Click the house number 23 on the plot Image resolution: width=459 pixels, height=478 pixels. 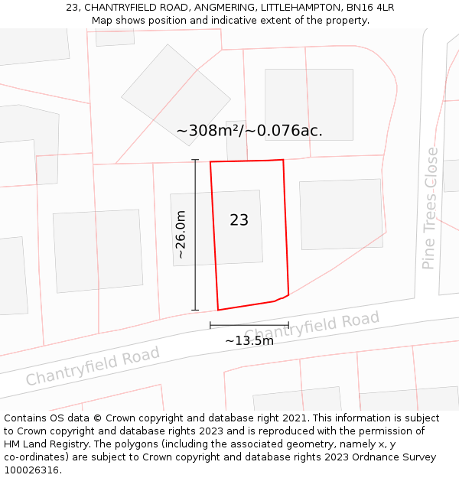(239, 220)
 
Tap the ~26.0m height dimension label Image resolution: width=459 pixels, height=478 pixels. (181, 235)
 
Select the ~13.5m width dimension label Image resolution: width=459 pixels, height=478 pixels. (249, 340)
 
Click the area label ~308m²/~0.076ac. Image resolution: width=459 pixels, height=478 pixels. (249, 131)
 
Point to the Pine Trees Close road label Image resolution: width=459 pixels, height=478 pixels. (431, 207)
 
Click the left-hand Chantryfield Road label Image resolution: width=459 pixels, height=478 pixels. (93, 366)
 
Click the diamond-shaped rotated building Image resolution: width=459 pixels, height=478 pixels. (176, 95)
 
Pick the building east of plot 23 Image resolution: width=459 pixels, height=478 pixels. (341, 214)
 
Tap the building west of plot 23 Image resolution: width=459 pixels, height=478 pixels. (98, 250)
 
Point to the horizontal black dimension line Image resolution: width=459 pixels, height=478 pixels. (249, 325)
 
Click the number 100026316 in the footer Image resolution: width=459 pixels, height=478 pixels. (31, 470)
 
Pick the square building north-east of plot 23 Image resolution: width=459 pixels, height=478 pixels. (309, 104)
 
